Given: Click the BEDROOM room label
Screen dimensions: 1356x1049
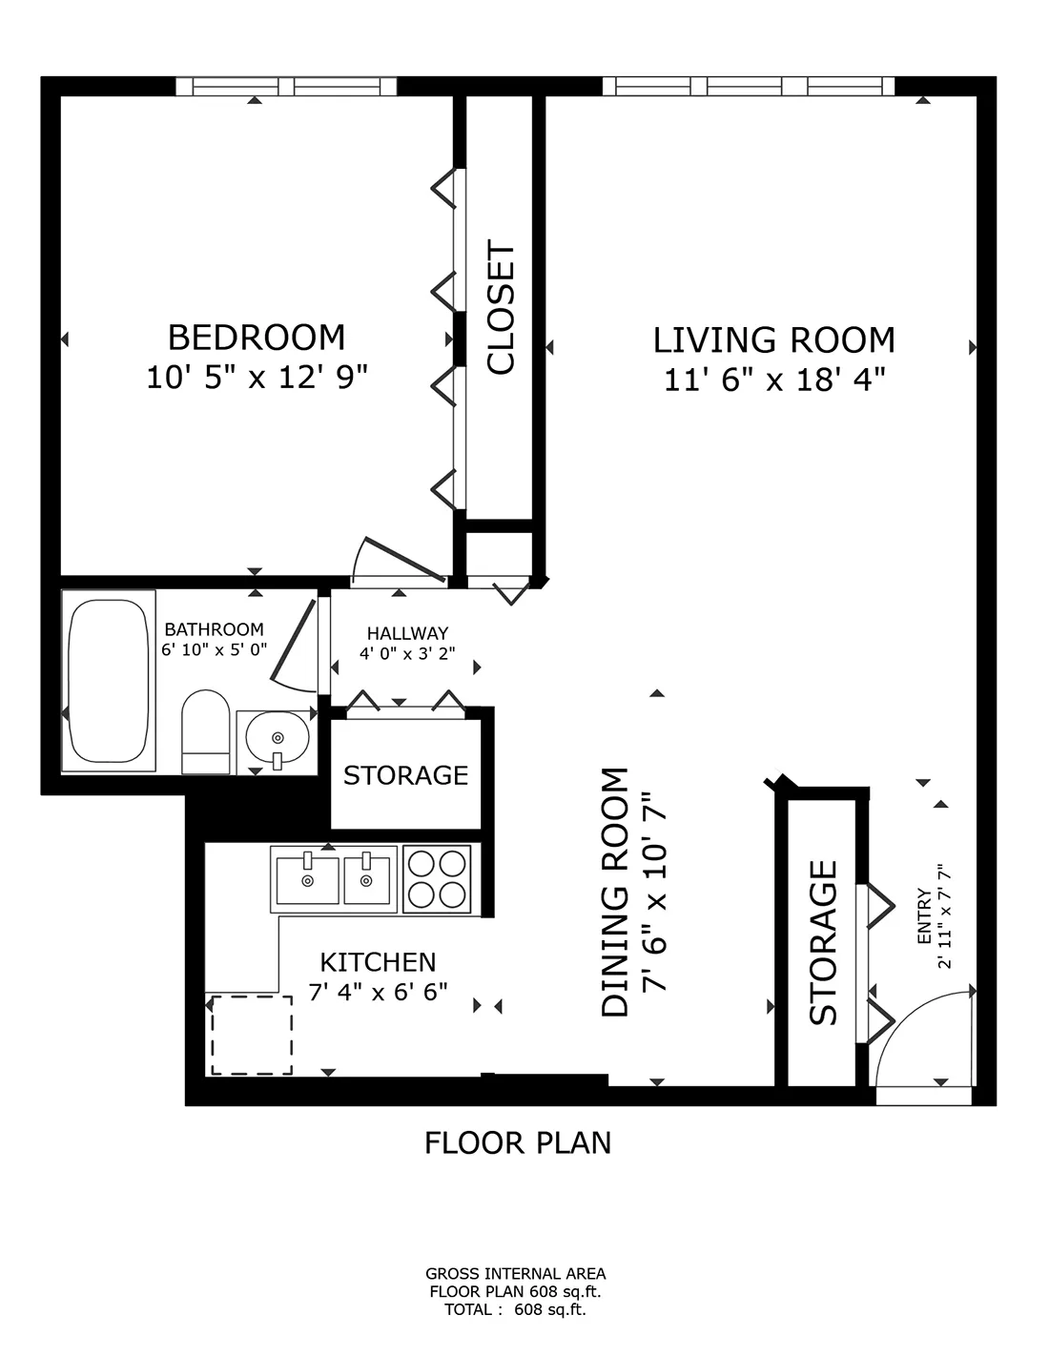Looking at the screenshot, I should [256, 338].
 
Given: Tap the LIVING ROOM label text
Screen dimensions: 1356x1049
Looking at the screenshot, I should [773, 340].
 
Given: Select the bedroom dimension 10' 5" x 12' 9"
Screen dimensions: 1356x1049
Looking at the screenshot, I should [256, 378].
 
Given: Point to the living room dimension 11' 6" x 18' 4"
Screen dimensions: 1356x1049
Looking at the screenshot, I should [774, 380].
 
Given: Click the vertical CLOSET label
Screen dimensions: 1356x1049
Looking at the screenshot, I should [501, 307].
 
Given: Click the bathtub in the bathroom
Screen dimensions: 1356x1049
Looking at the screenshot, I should [109, 680].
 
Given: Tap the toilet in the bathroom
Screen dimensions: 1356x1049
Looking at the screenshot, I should [205, 731].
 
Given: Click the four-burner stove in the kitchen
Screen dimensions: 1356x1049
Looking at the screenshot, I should [437, 877].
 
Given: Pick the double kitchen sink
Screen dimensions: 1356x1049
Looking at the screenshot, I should [333, 878].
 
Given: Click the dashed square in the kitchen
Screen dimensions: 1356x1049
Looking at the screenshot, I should [251, 1035].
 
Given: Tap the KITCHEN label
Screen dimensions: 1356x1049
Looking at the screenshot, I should [378, 962].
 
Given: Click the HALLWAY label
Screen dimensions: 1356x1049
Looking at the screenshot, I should [407, 633].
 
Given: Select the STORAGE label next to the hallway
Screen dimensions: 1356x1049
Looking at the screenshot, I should [405, 775].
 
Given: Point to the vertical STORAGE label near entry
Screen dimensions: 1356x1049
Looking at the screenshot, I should [822, 942].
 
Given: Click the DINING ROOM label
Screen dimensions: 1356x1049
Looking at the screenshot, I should [616, 892].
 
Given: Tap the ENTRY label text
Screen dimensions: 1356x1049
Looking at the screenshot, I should [923, 916].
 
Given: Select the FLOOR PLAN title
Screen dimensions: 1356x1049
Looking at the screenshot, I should [518, 1142].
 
